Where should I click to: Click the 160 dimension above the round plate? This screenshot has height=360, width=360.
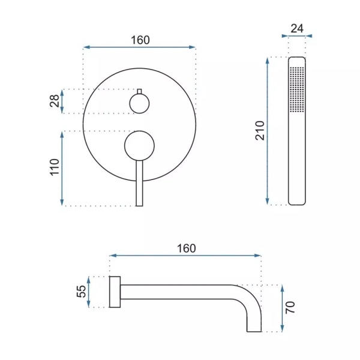(x=140, y=40)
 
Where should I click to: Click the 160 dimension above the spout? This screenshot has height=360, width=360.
(x=187, y=248)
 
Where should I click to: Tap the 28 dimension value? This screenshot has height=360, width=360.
(x=55, y=101)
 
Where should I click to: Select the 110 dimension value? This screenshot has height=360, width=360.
(x=55, y=167)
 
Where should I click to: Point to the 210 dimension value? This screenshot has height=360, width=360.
(x=260, y=130)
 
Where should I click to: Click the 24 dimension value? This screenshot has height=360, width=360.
(x=297, y=29)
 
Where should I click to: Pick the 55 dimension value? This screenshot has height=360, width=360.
(x=81, y=292)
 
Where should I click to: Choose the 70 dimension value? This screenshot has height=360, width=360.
(x=290, y=307)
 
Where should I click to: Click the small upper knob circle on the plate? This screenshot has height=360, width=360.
(x=139, y=104)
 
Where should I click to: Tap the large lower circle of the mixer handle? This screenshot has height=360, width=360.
(x=139, y=146)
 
